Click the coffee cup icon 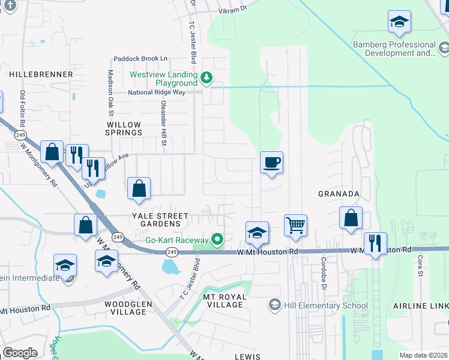coord(271,162)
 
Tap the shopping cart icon coord(295,226)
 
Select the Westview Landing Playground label coord(164,79)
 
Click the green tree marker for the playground coord(206,77)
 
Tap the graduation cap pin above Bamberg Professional coord(399,23)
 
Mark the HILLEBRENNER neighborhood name coord(41,74)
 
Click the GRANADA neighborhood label coord(339,194)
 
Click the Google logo coord(20,352)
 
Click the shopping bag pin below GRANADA coord(351,218)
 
